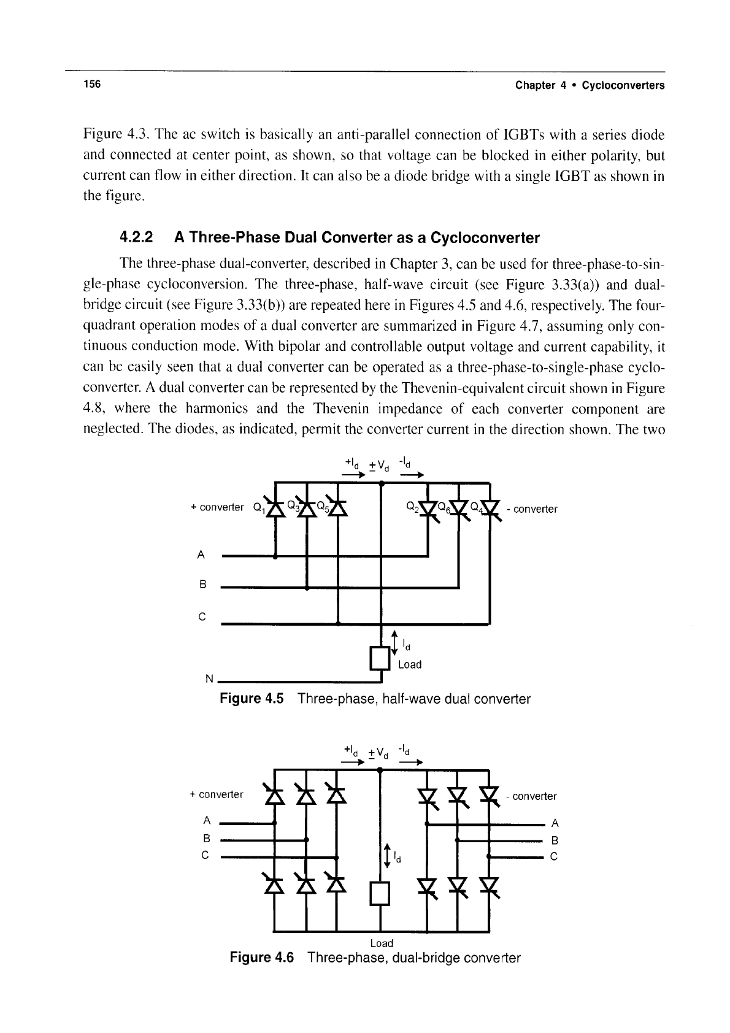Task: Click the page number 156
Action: [92, 84]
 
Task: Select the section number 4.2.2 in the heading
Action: [136, 237]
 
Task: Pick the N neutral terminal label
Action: [209, 678]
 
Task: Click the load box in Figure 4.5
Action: [380, 658]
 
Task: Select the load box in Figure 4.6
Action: [380, 894]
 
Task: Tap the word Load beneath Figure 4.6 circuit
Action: [382, 943]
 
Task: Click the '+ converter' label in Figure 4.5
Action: [217, 507]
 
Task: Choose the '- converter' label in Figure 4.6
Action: [531, 796]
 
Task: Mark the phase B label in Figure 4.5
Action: [202, 585]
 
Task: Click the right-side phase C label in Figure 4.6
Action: [555, 856]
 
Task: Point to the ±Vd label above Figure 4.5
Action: [379, 466]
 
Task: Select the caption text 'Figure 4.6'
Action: [261, 958]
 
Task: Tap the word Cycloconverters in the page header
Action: [623, 85]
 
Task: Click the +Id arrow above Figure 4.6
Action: [353, 762]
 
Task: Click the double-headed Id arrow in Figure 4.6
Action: [387, 856]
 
